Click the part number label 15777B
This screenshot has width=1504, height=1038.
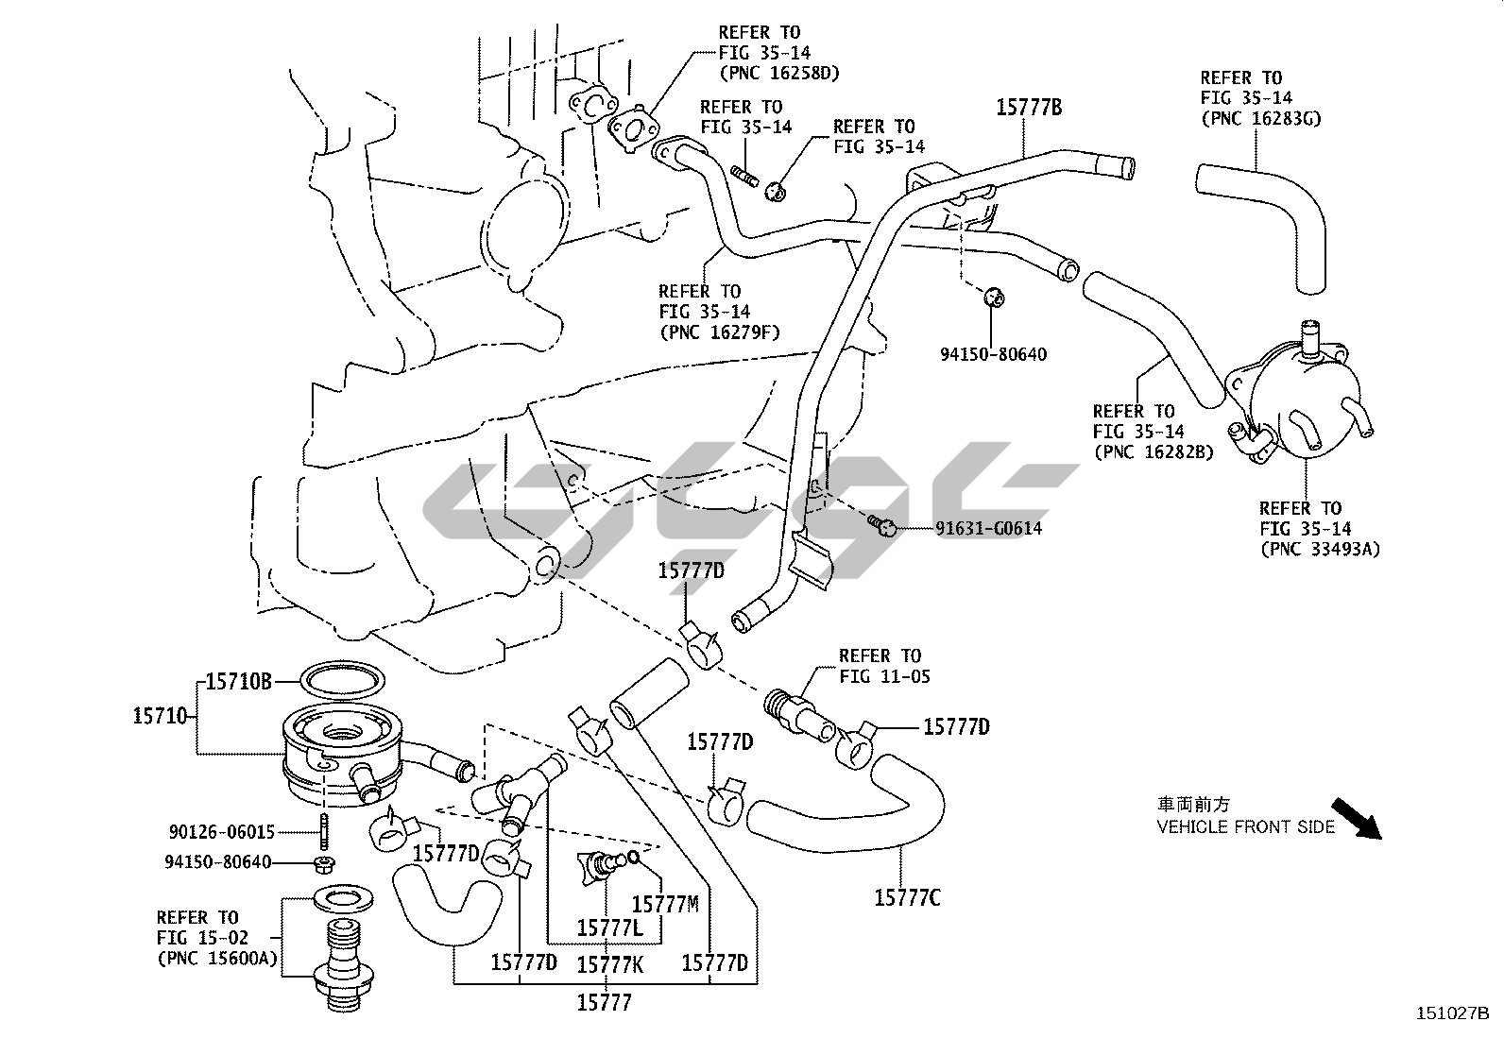[1029, 108]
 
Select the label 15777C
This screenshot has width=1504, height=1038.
[906, 897]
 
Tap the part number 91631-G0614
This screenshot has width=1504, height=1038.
[988, 529]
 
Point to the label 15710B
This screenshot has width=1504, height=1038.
[238, 681]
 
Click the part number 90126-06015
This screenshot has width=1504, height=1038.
[222, 832]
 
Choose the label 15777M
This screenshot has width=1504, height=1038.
[664, 904]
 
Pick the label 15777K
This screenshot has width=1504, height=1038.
[609, 963]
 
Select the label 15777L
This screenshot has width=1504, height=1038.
[609, 929]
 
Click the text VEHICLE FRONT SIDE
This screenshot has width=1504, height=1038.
[1246, 827]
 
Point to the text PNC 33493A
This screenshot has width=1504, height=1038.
[1320, 549]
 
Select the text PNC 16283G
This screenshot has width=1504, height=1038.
[1260, 118]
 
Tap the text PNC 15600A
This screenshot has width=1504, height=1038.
[217, 958]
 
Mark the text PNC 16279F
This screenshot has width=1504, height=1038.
[720, 332]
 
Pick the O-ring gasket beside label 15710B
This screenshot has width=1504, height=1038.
[343, 678]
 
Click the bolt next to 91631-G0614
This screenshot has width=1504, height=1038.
[881, 524]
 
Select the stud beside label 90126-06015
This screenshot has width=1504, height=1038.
[323, 833]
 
